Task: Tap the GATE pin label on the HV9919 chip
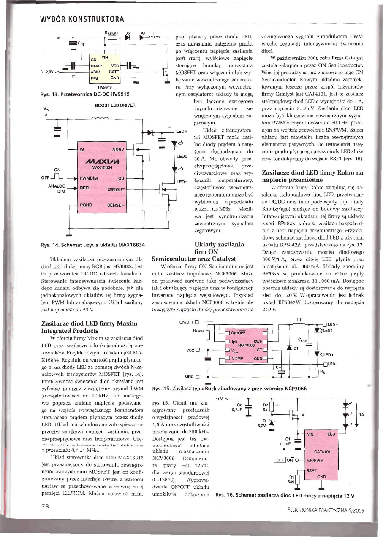pyautogui.click(x=114, y=72)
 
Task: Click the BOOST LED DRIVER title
pyautogui.click(x=115, y=105)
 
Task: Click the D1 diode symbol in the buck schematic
pyautogui.click(x=289, y=347)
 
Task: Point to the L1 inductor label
pyautogui.click(x=299, y=319)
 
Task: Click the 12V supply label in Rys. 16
pyautogui.click(x=219, y=398)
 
